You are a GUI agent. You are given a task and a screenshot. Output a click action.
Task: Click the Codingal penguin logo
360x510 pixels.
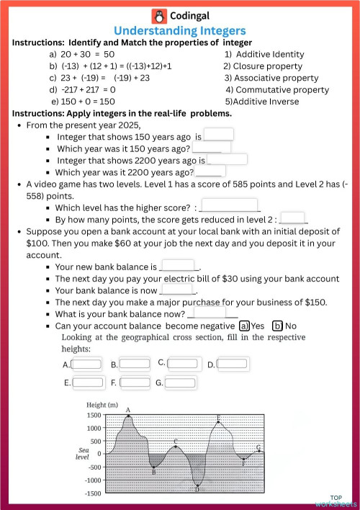pyautogui.click(x=158, y=16)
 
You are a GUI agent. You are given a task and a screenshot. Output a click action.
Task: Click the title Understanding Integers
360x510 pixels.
pyautogui.click(x=180, y=31)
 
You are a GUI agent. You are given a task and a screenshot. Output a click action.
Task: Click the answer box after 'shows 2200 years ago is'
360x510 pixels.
pyautogui.click(x=227, y=159)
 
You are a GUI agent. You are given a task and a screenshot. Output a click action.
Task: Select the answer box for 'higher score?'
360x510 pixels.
pyautogui.click(x=229, y=205)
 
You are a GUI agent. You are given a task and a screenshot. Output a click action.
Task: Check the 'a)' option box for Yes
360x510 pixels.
pyautogui.click(x=244, y=325)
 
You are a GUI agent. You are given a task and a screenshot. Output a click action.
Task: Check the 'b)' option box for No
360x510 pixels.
pyautogui.click(x=278, y=325)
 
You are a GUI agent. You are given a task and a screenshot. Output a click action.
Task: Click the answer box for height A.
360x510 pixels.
pyautogui.click(x=87, y=364)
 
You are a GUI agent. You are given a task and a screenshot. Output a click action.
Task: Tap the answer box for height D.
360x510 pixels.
pyautogui.click(x=233, y=364)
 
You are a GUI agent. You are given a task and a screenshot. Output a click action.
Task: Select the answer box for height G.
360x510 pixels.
pyautogui.click(x=181, y=382)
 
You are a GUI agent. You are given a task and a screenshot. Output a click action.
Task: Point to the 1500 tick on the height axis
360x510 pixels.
pyautogui.click(x=94, y=416)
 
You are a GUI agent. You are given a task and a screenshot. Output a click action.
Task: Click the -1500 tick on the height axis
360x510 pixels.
pyautogui.click(x=92, y=493)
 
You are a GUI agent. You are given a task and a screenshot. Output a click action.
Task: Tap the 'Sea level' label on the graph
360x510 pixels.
pyautogui.click(x=83, y=454)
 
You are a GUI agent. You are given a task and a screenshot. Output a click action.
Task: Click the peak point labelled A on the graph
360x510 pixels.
pyautogui.click(x=128, y=416)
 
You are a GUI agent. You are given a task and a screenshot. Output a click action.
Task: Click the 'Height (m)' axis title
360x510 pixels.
pyautogui.click(x=102, y=405)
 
